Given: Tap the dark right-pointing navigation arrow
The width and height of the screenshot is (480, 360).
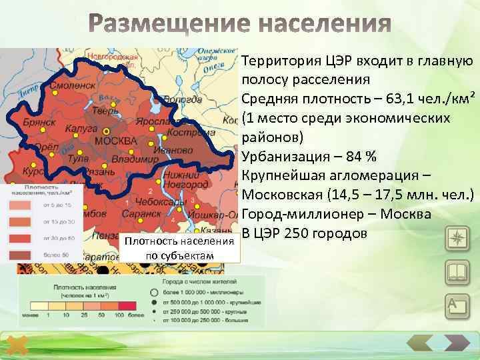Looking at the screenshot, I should [457, 345].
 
